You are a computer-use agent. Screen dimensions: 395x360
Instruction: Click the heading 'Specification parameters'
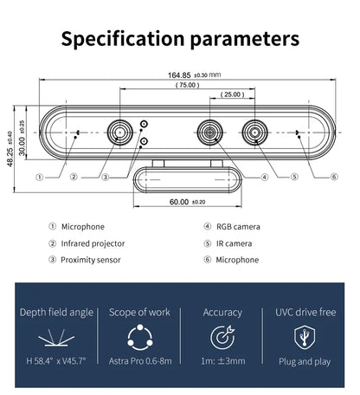[180, 39]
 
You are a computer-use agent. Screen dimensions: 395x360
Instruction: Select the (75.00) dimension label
[186, 85]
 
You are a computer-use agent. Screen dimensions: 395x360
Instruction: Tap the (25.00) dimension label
[232, 94]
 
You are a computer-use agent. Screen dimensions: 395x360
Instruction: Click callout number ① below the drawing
[40, 177]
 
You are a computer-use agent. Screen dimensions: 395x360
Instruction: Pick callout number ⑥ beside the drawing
[334, 177]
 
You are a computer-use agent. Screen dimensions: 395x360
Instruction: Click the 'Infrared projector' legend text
[93, 243]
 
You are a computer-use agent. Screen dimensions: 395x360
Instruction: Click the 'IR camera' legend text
[235, 243]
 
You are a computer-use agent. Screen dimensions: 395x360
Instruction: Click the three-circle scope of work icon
[139, 336]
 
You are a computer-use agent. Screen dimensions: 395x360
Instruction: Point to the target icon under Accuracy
[222, 336]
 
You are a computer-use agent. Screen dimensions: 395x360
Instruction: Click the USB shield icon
[305, 336]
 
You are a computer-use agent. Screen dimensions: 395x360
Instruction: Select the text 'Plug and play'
[305, 361]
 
